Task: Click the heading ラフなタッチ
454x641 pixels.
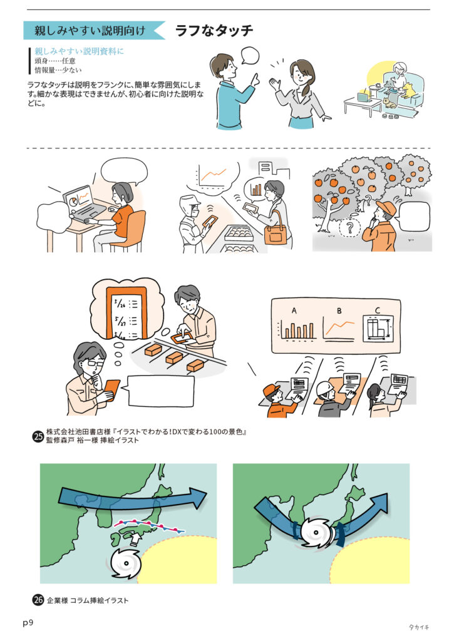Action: tap(214, 30)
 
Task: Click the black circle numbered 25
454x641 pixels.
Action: tap(38, 436)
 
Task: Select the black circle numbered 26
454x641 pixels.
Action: tap(38, 600)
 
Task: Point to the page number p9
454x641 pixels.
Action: tap(28, 623)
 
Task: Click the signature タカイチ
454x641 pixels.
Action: tap(419, 627)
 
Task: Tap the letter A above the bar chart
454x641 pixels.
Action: tap(294, 311)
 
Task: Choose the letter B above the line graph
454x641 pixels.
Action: tap(339, 311)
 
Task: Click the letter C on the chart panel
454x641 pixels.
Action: tap(378, 310)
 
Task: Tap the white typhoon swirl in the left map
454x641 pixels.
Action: tap(125, 563)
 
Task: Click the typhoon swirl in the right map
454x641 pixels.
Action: tap(316, 533)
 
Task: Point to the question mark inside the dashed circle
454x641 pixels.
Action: tap(349, 227)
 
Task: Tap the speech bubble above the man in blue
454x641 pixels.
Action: tap(249, 55)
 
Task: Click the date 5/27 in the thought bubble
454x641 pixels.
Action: tap(120, 319)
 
